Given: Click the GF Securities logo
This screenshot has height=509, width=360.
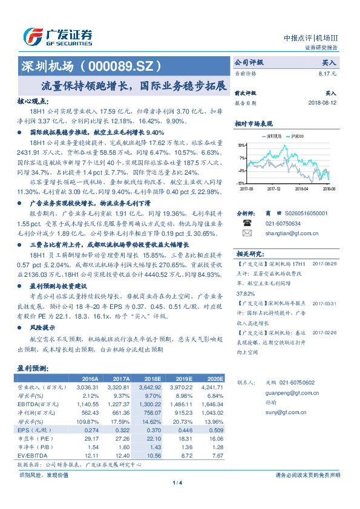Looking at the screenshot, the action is pos(57,37).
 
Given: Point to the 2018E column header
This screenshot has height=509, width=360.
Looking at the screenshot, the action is pos(149,376).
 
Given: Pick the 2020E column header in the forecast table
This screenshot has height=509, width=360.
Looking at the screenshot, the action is pos(212,376).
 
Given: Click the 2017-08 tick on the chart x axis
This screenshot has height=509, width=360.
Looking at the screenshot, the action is pos(247,188).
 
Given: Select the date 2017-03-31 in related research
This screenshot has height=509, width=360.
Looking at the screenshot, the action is pos(324,303).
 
